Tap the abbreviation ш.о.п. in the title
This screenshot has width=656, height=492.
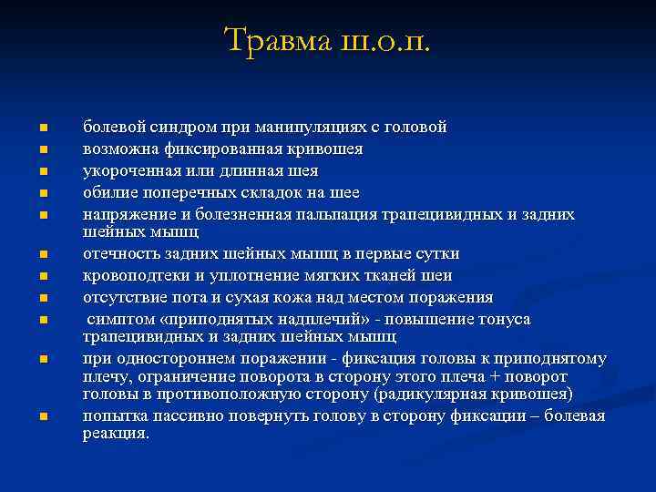pyautogui.click(x=384, y=40)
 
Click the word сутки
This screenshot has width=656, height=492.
pyautogui.click(x=436, y=253)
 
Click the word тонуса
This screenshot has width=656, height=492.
pyautogui.click(x=499, y=320)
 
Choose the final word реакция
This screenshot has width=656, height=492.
pyautogui.click(x=116, y=434)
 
